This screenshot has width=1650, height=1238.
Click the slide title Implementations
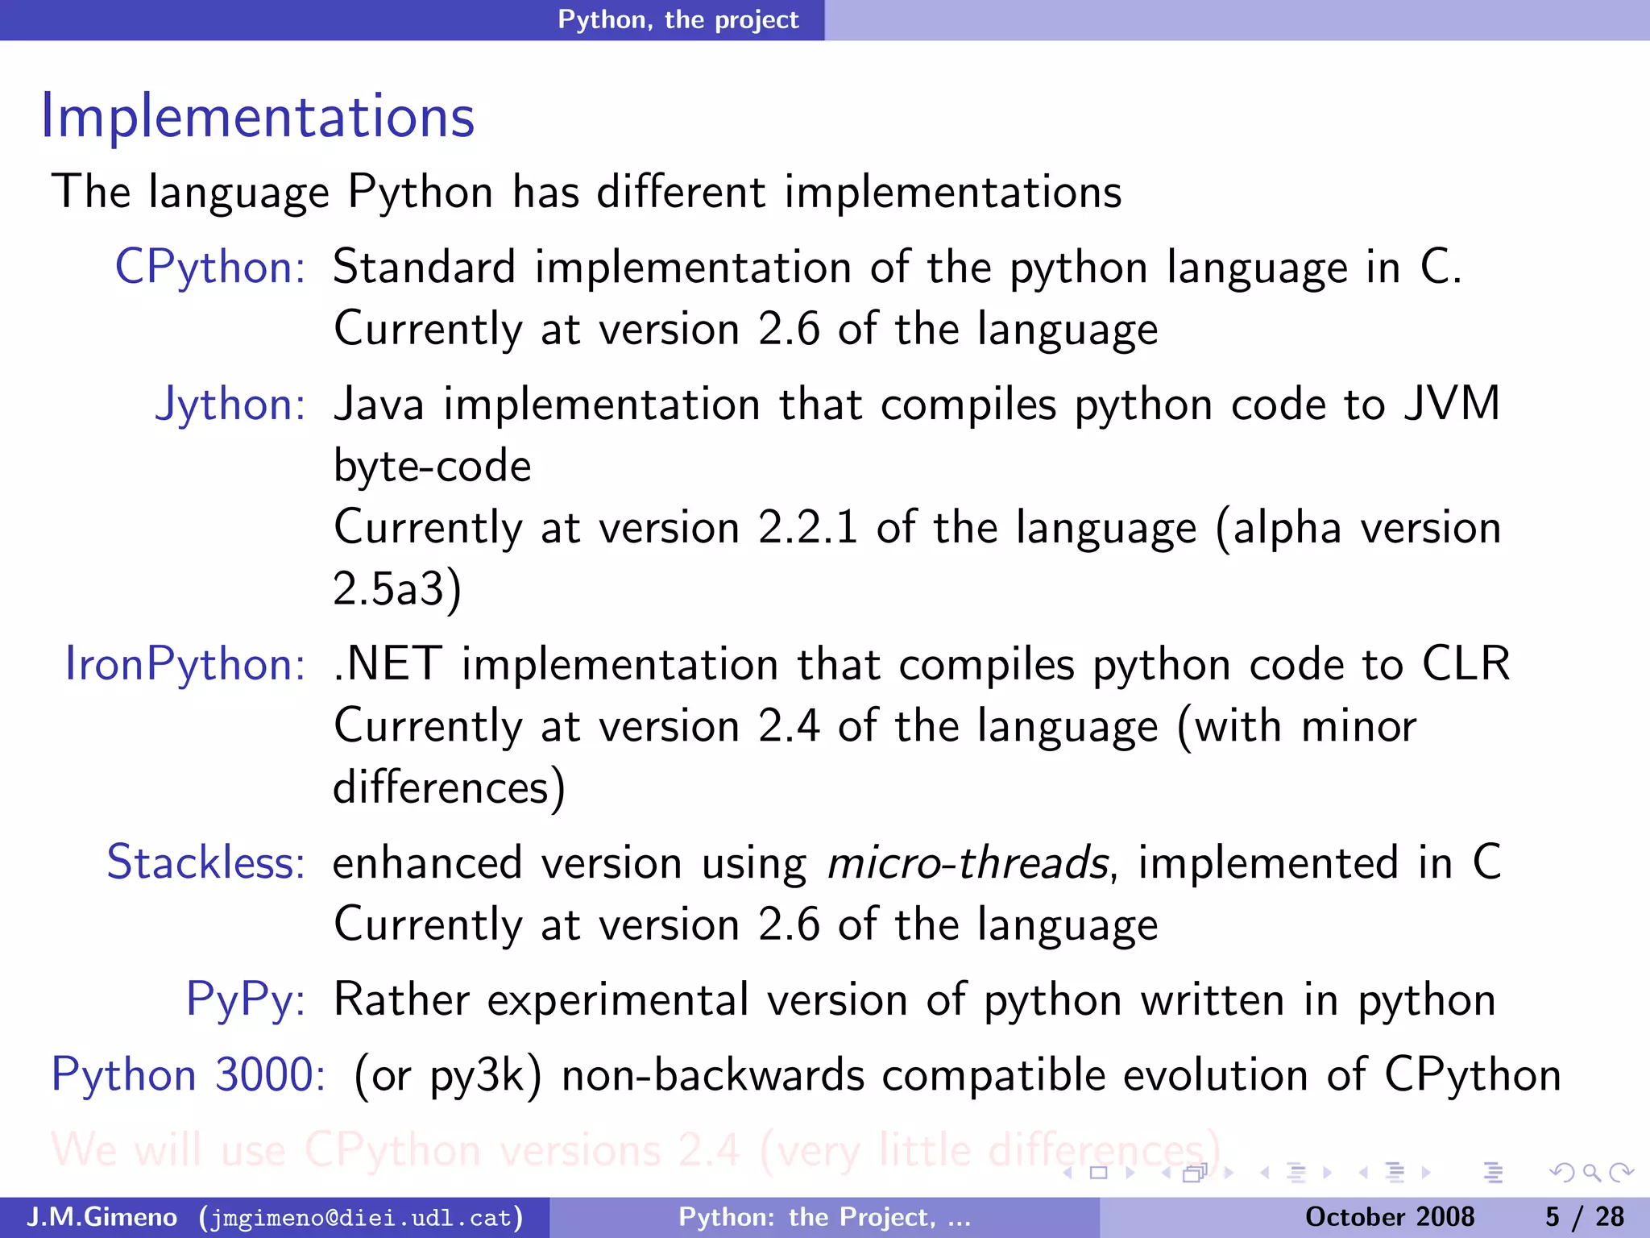point(258,117)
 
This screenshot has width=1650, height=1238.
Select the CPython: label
point(209,268)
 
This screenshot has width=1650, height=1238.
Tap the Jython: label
point(230,404)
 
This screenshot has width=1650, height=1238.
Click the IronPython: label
point(184,665)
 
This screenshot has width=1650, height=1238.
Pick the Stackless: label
point(205,863)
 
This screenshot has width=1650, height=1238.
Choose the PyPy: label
point(245,1000)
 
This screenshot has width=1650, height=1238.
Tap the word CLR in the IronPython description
point(1466,665)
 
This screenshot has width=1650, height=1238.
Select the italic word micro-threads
point(968,863)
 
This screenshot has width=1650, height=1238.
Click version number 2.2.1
point(807,528)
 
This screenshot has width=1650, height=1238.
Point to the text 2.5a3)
point(397,589)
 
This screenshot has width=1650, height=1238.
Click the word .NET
point(388,665)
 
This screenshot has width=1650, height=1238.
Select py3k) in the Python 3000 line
point(485,1076)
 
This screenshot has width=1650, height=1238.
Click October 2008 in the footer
point(1389,1217)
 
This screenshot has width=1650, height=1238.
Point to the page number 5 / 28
point(1584,1217)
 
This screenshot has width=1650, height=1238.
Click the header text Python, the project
point(678,19)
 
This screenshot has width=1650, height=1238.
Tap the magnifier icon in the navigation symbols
point(1590,1173)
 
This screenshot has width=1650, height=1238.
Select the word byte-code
point(433,467)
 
